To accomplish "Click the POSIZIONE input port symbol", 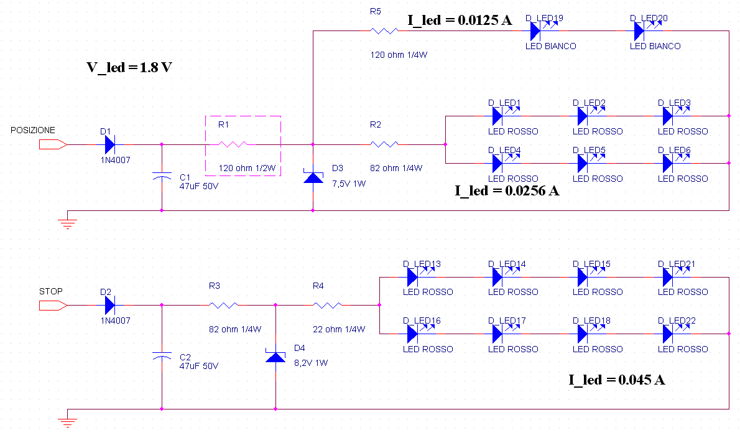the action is (53, 144).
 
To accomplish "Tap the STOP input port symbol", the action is (53, 306).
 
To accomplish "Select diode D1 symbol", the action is (109, 144).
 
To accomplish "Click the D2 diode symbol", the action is (109, 306).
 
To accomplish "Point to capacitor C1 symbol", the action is (162, 177).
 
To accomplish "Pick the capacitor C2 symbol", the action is (162, 357).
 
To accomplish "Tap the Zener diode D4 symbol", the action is (275, 356).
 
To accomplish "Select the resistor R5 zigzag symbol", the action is (384, 31).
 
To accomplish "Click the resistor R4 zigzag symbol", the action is (328, 306).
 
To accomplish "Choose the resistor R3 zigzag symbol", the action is (223, 306).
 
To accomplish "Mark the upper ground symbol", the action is (68, 223).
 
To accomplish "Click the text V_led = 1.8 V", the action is (129, 67).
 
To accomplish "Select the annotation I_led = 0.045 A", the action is (617, 380).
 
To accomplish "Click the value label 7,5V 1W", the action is (349, 184).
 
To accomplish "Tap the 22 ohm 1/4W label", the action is (339, 329).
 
